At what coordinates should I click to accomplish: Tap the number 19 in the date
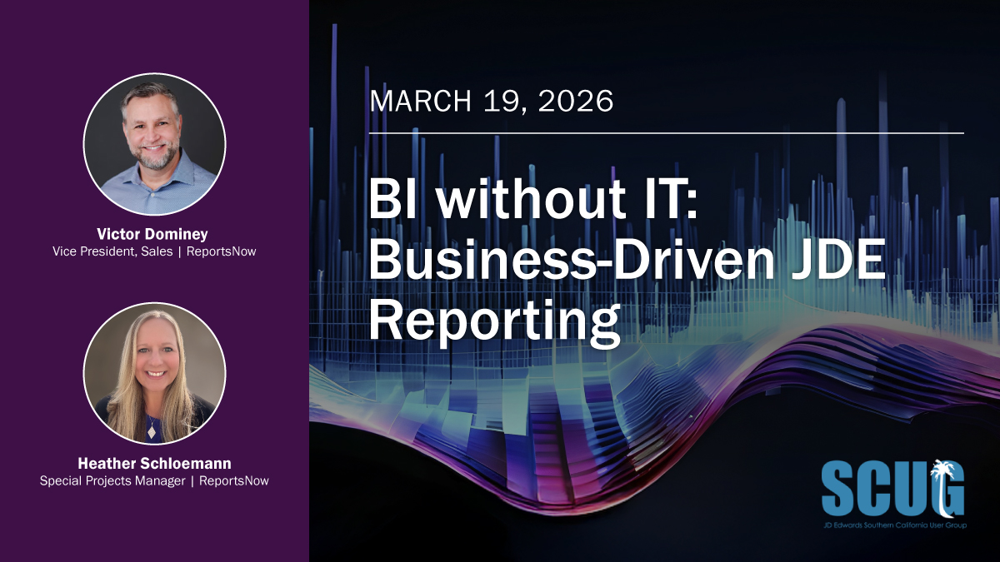pyautogui.click(x=502, y=102)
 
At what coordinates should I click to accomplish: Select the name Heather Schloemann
pyautogui.click(x=154, y=464)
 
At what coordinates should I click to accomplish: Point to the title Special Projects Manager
pyautogui.click(x=112, y=480)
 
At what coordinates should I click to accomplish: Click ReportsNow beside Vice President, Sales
pyautogui.click(x=222, y=251)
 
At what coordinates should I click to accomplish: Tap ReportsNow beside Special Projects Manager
pyautogui.click(x=234, y=480)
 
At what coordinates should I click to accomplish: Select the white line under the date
pyautogui.click(x=666, y=133)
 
